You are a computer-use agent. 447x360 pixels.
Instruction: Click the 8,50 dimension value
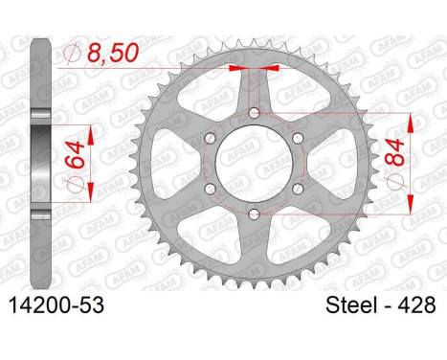(x=113, y=53)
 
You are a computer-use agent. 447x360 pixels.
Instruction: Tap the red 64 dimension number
(x=76, y=155)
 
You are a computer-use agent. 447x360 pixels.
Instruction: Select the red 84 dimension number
(x=394, y=153)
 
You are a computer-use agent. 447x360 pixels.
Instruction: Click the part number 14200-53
(x=56, y=305)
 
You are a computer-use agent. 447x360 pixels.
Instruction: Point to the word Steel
(x=349, y=304)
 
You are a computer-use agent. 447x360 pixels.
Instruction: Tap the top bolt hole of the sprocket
(x=254, y=113)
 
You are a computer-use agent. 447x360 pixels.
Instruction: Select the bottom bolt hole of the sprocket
(x=254, y=214)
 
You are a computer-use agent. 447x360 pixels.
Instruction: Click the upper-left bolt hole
(x=210, y=138)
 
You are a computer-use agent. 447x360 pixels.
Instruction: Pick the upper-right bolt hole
(x=298, y=138)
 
